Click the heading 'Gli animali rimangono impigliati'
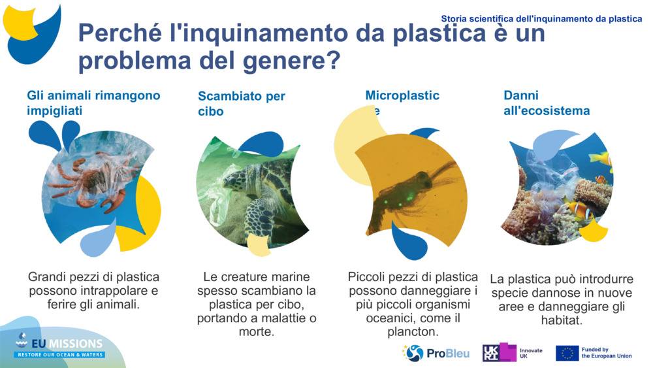point(93,103)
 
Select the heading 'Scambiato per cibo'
point(242,104)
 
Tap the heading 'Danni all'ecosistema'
point(547,103)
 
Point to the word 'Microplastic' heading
point(402,96)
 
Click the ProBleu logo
point(436,353)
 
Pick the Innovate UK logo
point(512,353)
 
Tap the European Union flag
point(567,353)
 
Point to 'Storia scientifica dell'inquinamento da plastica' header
point(541,19)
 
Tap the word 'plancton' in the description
point(413,332)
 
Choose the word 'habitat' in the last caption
point(560,321)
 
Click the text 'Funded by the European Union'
point(607,353)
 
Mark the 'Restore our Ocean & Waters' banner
point(60,355)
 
